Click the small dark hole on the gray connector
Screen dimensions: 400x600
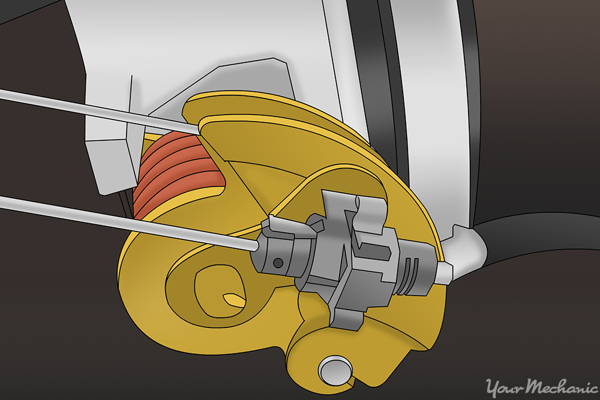click(x=277, y=262)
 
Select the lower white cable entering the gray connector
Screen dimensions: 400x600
click(x=120, y=219)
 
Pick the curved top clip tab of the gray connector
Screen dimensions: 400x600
click(x=360, y=207)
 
